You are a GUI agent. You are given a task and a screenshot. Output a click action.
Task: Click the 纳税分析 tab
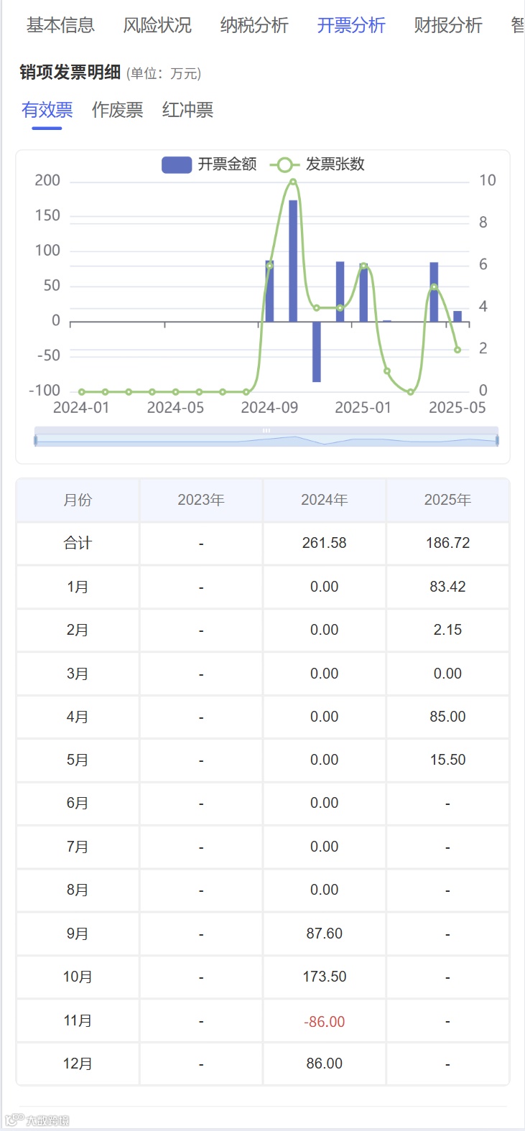[x=254, y=26]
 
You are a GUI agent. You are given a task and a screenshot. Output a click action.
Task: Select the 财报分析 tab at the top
[x=447, y=26]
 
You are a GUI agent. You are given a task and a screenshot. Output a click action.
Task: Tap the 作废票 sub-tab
[x=117, y=110]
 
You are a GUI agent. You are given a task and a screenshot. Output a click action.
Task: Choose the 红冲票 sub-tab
[x=187, y=110]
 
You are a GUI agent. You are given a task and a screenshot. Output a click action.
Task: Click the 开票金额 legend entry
[x=209, y=164]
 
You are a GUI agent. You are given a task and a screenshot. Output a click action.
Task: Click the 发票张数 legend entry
[x=317, y=164]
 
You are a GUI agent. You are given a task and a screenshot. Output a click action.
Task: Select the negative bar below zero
[x=316, y=352]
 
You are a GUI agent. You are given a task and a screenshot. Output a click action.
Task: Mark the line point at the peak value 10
[x=293, y=182]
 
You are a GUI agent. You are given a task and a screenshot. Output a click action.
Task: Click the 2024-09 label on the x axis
[x=269, y=408]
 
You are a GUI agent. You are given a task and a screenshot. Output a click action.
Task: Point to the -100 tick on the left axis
[x=45, y=391]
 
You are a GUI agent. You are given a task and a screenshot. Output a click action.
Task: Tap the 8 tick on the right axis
[x=483, y=223]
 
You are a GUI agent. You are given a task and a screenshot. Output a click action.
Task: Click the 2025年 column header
[x=447, y=500]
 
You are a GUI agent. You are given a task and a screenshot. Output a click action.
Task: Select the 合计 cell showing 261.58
[x=324, y=544]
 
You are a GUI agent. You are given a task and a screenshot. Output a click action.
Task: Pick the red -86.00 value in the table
[x=324, y=1021]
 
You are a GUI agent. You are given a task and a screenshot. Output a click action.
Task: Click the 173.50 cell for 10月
[x=324, y=977]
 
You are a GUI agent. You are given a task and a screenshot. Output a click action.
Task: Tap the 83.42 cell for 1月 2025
[x=447, y=587]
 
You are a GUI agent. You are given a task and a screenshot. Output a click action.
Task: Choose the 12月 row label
[x=78, y=1063]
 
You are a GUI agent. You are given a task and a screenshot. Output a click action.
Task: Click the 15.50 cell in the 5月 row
[x=447, y=760]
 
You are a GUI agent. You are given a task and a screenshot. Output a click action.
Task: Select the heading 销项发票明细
[x=70, y=73]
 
